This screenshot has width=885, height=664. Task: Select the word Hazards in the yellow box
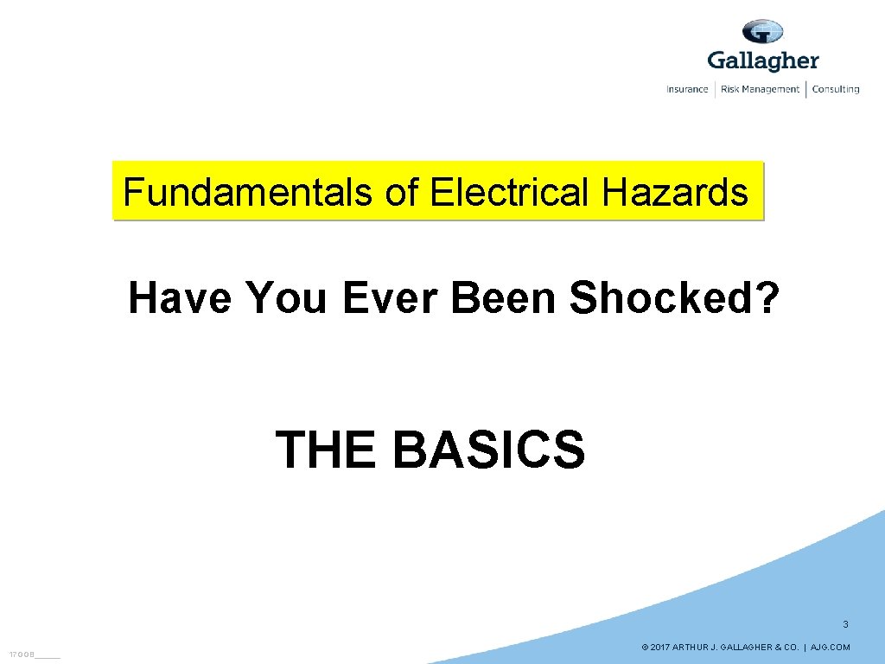coord(675,192)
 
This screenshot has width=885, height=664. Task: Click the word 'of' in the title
coord(402,192)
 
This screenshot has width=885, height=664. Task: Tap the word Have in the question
coord(180,299)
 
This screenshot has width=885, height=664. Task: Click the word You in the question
coord(286,299)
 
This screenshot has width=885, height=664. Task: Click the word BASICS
coord(488,450)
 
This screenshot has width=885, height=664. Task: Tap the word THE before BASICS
coord(326,450)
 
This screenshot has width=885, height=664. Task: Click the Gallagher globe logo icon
coord(762,33)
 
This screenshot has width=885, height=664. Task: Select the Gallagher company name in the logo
coord(762,61)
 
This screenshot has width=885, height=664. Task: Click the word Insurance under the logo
coord(687,89)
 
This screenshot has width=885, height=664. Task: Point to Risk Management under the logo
coord(760,89)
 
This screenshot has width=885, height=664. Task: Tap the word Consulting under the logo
coord(836,89)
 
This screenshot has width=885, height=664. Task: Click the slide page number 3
coord(845,624)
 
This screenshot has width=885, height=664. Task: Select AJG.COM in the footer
coord(831,648)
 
